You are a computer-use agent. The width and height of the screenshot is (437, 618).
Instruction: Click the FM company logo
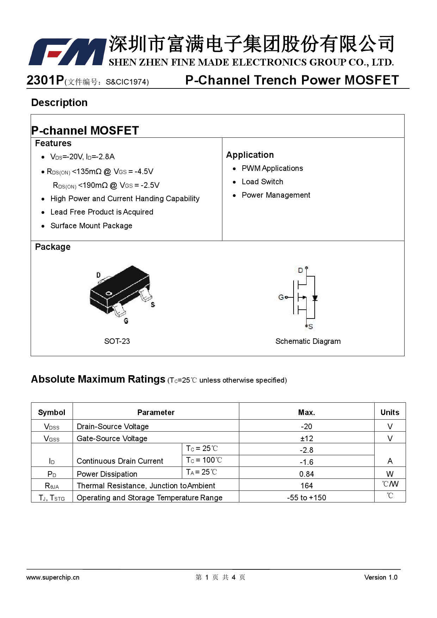(67, 52)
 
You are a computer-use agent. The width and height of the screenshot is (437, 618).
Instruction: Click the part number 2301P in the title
(45, 80)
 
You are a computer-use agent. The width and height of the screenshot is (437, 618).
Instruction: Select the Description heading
(59, 103)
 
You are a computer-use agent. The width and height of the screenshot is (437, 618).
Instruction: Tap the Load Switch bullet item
(262, 182)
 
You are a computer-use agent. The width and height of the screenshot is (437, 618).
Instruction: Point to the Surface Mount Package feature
(91, 226)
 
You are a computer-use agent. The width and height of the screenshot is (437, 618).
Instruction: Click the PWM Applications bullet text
(272, 168)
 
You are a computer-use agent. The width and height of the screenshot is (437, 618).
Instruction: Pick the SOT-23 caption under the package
(117, 341)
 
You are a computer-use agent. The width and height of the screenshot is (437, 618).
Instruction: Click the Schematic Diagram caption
(308, 341)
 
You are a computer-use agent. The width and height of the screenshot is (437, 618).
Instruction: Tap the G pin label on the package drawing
(126, 321)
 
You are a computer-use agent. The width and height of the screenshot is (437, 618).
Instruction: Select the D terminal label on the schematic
(300, 270)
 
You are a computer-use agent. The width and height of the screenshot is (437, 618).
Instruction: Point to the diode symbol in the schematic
(315, 298)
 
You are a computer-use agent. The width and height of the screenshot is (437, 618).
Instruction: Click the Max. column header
(307, 412)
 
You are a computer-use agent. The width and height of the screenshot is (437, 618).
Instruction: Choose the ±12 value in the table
(307, 438)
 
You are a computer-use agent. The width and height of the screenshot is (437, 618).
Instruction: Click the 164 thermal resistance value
(307, 486)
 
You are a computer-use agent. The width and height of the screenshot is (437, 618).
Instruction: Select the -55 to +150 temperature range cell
(307, 498)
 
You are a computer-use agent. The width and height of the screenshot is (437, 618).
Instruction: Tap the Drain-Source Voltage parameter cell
(113, 426)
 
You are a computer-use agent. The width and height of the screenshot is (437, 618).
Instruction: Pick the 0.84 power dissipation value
(307, 474)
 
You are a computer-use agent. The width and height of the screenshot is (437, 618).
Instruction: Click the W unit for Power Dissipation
(390, 474)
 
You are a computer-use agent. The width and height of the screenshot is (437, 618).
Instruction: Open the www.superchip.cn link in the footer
(53, 577)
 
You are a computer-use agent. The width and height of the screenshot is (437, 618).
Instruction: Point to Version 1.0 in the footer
(381, 577)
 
